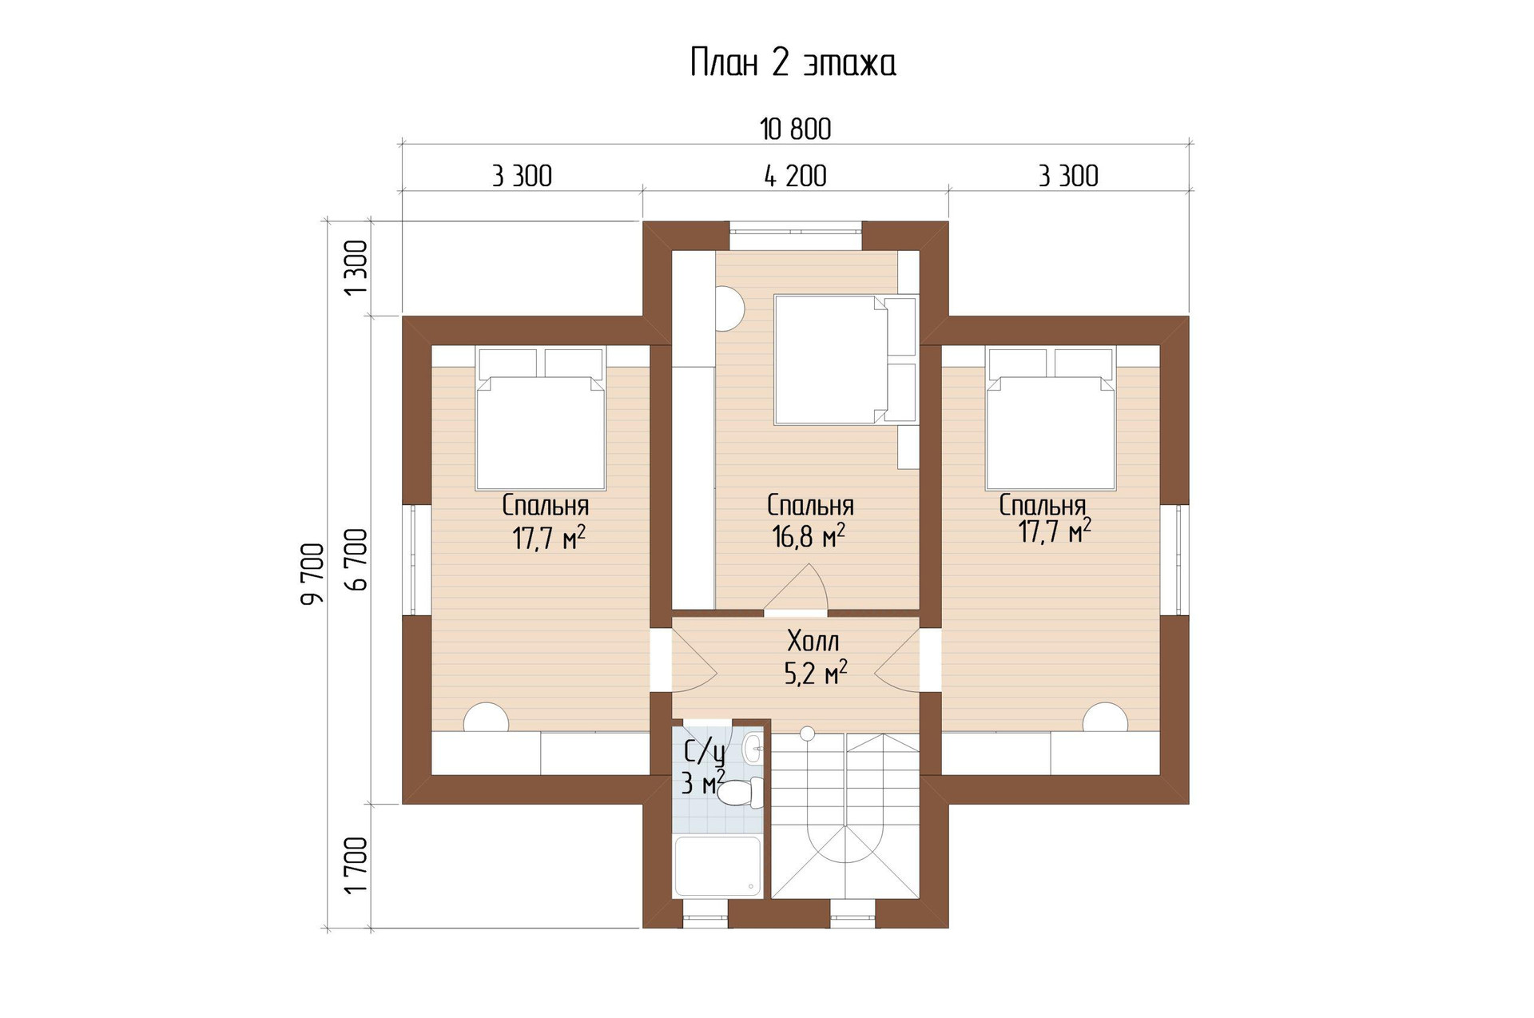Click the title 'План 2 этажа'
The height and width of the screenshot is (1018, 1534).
(x=793, y=64)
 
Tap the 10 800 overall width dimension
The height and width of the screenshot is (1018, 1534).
(x=795, y=129)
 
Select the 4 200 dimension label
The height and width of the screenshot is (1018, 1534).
(x=795, y=176)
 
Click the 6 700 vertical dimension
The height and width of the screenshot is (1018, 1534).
(x=356, y=559)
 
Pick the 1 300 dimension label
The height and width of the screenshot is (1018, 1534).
(x=356, y=267)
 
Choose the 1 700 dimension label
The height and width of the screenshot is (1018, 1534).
(x=356, y=865)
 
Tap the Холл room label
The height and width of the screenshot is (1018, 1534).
(x=813, y=642)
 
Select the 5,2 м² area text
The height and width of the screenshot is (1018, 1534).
(x=816, y=674)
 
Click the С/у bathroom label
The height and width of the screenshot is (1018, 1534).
(x=705, y=752)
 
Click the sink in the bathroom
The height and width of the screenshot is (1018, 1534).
(x=753, y=749)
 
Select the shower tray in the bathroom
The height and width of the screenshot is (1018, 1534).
(x=718, y=866)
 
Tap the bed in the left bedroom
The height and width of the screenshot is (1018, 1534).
(x=540, y=418)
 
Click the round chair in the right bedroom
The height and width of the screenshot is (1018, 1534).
(x=1105, y=717)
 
